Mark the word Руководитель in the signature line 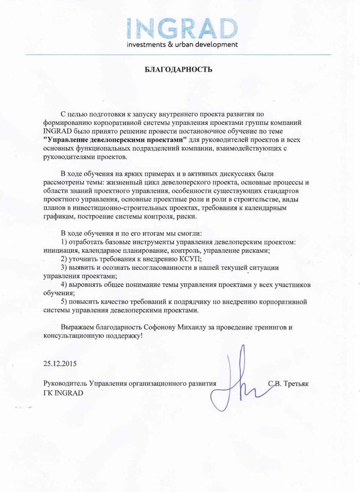click(x=66, y=383)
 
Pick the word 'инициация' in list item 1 click(x=61, y=251)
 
